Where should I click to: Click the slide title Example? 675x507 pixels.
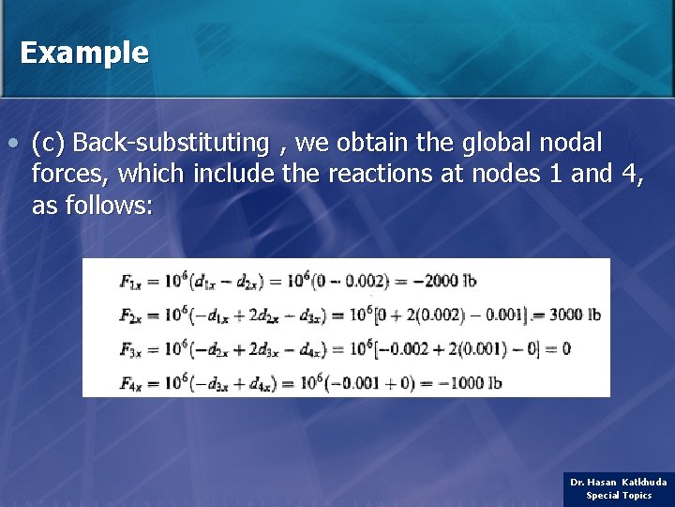83,53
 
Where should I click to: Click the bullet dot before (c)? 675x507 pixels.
10,145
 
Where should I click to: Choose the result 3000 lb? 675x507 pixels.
575,315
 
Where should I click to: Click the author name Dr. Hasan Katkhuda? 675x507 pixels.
619,482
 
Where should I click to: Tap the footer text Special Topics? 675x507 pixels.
619,496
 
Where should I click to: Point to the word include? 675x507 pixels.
233,174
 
